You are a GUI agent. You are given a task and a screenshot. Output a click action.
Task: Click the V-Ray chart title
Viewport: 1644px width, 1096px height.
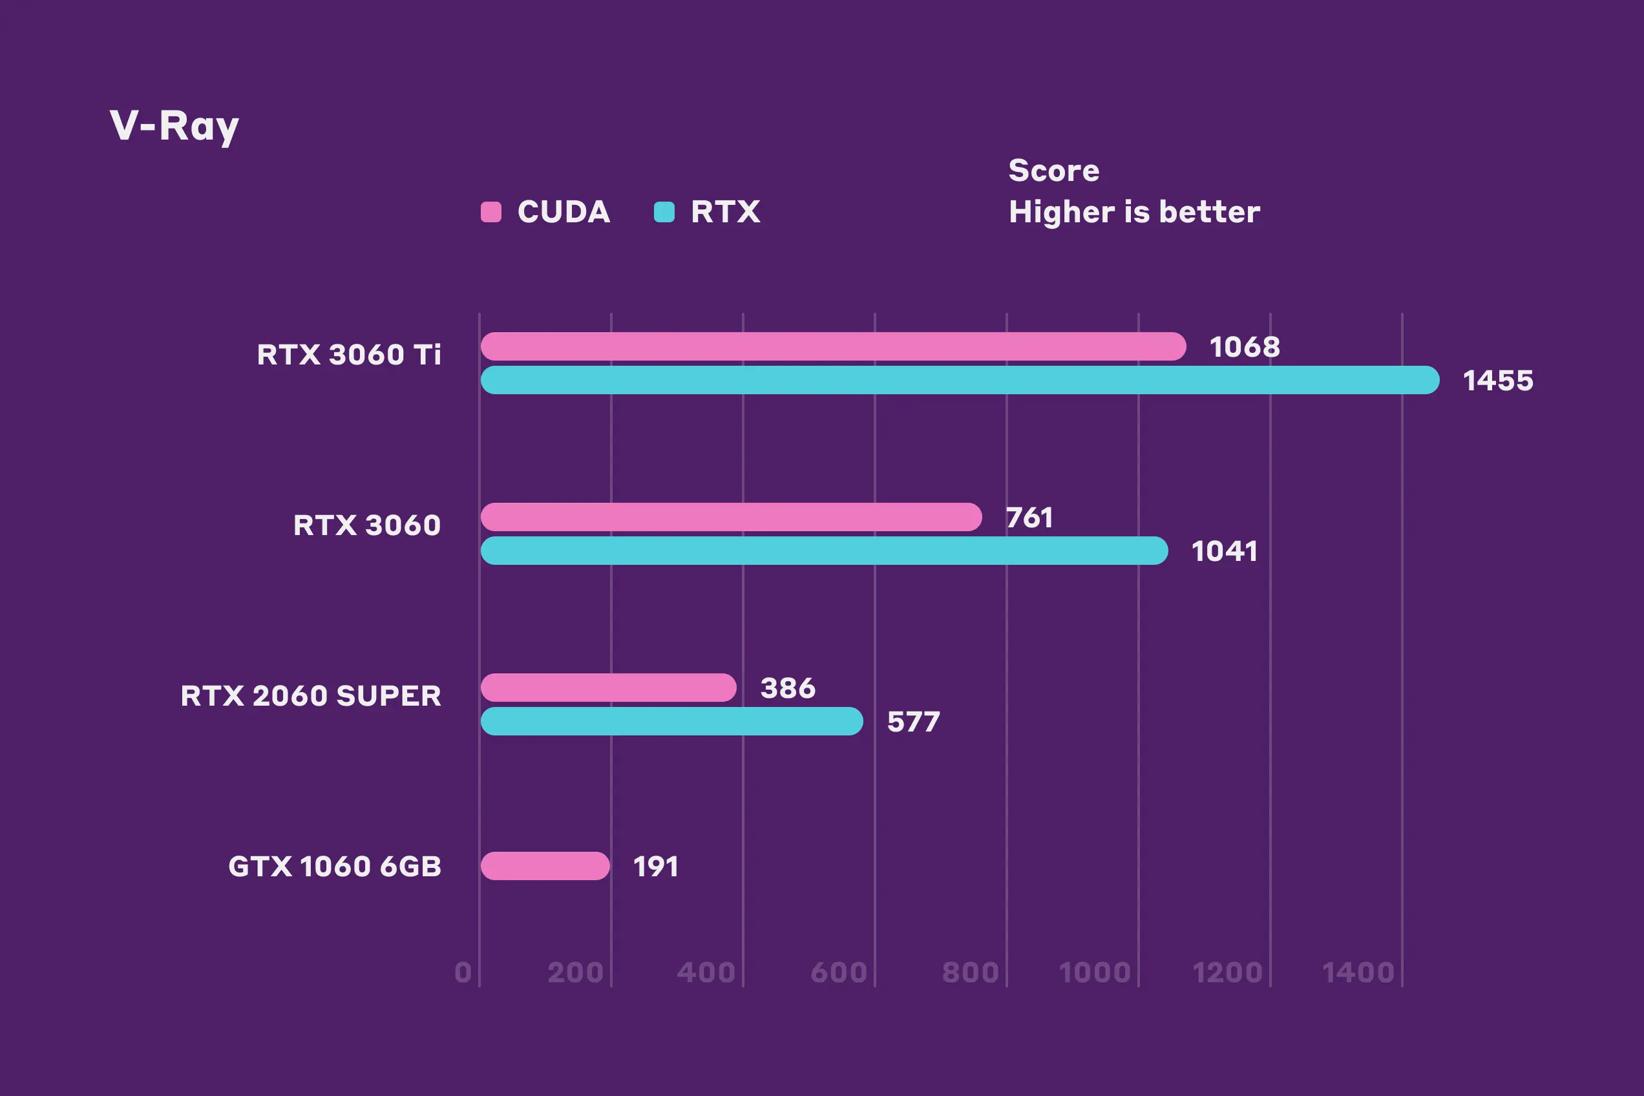coord(174,126)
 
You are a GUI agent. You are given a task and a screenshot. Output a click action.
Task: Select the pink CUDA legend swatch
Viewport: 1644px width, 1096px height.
coord(490,212)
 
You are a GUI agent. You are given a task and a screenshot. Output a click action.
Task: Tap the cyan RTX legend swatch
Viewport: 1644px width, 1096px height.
coord(664,212)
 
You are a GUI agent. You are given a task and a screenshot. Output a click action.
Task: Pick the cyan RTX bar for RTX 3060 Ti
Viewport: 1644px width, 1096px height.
coord(959,380)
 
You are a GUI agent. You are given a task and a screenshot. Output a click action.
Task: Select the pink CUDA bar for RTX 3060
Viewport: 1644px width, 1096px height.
coord(730,517)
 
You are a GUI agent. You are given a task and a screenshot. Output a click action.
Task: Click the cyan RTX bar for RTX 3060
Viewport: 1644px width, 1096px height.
coord(823,551)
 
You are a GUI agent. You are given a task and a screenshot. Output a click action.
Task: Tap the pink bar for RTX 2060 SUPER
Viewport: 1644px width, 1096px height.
coord(608,688)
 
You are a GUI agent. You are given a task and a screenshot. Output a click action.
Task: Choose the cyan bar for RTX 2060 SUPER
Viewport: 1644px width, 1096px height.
coord(671,721)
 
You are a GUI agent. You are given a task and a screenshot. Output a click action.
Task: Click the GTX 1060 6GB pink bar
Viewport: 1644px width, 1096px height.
coord(545,866)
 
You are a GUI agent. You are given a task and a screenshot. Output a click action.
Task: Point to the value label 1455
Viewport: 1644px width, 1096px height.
coord(1498,381)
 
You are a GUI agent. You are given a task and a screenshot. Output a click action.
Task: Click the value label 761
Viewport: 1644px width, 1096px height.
coord(1029,518)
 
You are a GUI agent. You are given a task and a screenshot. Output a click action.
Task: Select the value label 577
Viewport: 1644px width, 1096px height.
coord(914,722)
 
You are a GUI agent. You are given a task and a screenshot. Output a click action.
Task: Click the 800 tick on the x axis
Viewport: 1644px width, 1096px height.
coord(970,973)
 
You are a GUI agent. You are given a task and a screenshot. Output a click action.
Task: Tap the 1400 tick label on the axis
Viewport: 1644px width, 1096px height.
coord(1358,973)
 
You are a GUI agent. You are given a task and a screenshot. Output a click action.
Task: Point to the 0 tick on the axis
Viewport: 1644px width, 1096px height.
coord(463,973)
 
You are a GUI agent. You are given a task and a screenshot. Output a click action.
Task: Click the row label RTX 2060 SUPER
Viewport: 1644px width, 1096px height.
coord(311,696)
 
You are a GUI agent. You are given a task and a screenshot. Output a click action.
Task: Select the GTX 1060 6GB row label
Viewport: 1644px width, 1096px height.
coord(335,867)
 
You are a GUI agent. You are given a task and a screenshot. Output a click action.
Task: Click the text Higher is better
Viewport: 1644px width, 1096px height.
coord(1133,212)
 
